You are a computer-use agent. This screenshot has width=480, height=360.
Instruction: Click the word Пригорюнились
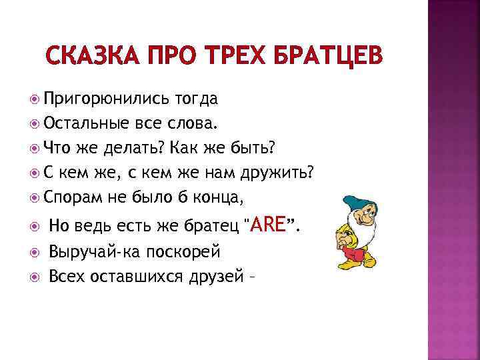pyautogui.click(x=107, y=99)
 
